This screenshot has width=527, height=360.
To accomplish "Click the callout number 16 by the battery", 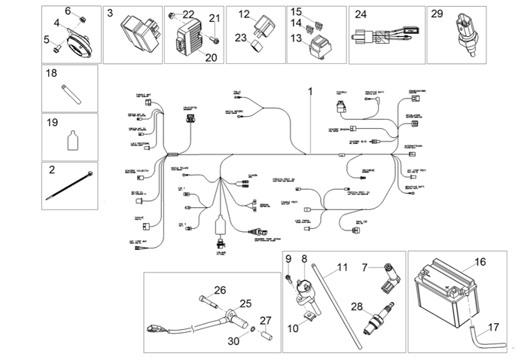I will pos(480,264).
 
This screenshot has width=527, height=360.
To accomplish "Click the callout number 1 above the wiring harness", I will pos(309,93).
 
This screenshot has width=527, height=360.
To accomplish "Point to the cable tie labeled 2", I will pos(71,186).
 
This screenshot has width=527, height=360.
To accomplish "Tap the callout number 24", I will pos(361,14).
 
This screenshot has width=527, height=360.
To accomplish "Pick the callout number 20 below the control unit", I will pos(210,56).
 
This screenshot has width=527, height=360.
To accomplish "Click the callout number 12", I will pos(244,14).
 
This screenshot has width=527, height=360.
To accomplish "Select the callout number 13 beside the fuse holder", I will pos(297,38).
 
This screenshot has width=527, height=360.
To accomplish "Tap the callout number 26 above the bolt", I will pos(220,290).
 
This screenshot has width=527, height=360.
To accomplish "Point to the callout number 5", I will pos(47,38).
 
